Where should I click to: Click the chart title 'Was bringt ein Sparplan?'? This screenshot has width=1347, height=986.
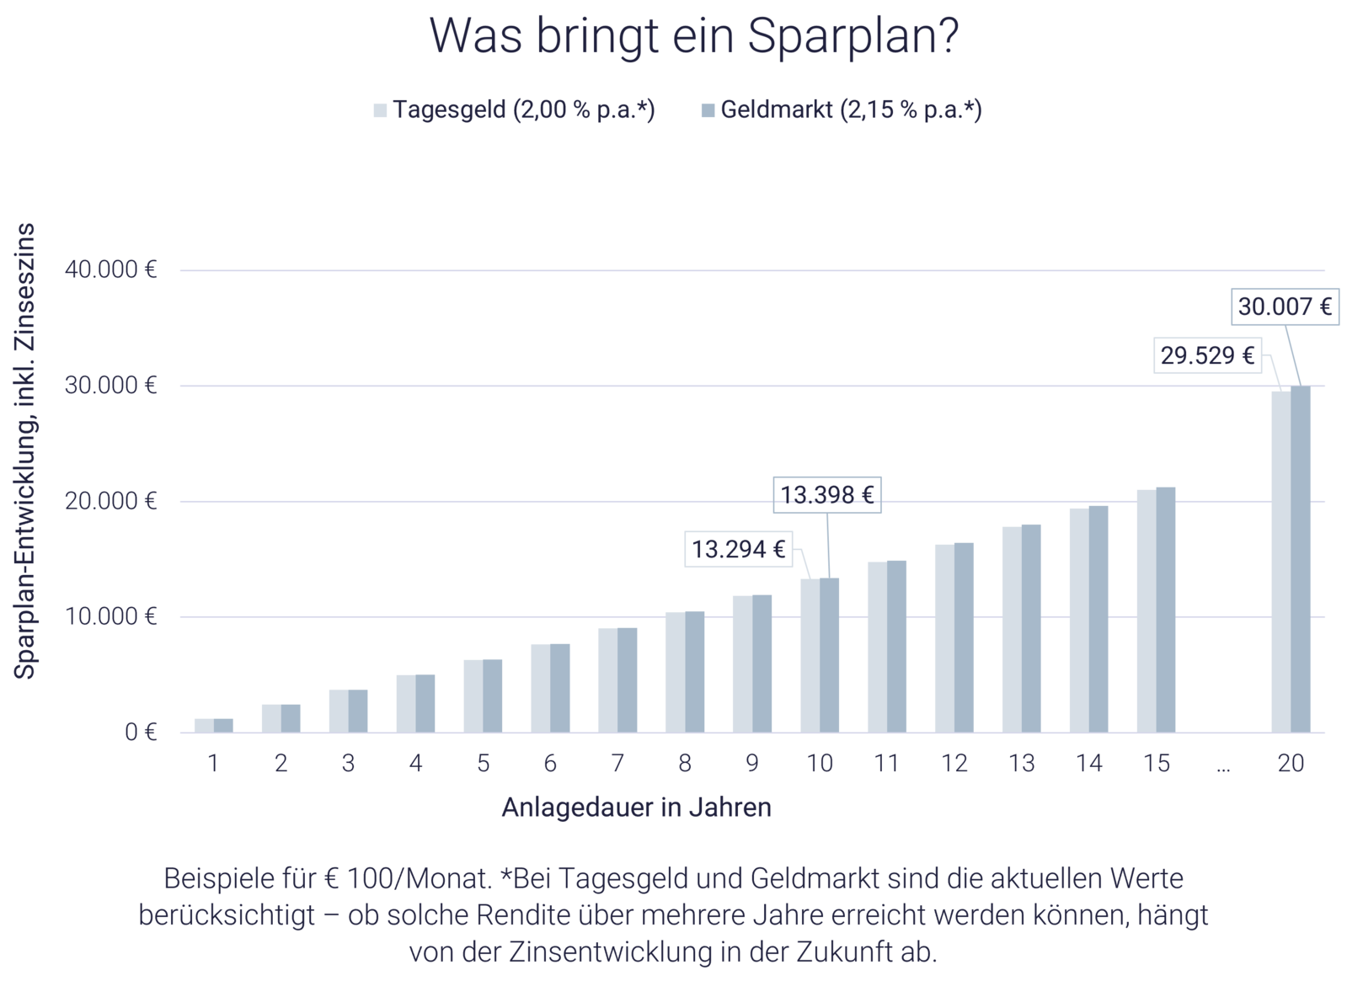point(694,35)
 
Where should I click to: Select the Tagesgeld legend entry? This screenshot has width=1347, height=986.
point(514,110)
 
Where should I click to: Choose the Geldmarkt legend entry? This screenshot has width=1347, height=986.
point(840,110)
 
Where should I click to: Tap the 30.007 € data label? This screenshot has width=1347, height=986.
point(1285,307)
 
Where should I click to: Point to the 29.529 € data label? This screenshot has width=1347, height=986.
point(1206,356)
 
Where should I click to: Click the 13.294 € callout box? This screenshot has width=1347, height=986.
point(738,550)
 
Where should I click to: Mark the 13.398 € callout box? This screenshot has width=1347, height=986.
point(827,493)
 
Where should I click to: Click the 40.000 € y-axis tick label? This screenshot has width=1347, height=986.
point(110,270)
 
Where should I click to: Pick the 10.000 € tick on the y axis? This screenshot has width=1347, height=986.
point(110,617)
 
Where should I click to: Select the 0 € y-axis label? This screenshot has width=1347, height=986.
point(141,732)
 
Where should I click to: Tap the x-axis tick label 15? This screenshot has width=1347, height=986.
point(1157,764)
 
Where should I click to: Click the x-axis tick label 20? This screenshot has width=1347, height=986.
point(1291,764)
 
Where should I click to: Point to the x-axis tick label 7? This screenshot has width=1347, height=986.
point(617,764)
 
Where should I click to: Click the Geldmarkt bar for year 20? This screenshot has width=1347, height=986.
point(1302,559)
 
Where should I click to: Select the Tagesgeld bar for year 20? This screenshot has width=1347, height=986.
point(1280,561)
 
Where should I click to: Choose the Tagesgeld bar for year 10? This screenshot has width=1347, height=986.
point(809,655)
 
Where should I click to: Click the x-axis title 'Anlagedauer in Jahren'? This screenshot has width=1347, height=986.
point(636,807)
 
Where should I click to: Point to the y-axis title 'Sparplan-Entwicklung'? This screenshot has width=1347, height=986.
point(26,450)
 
